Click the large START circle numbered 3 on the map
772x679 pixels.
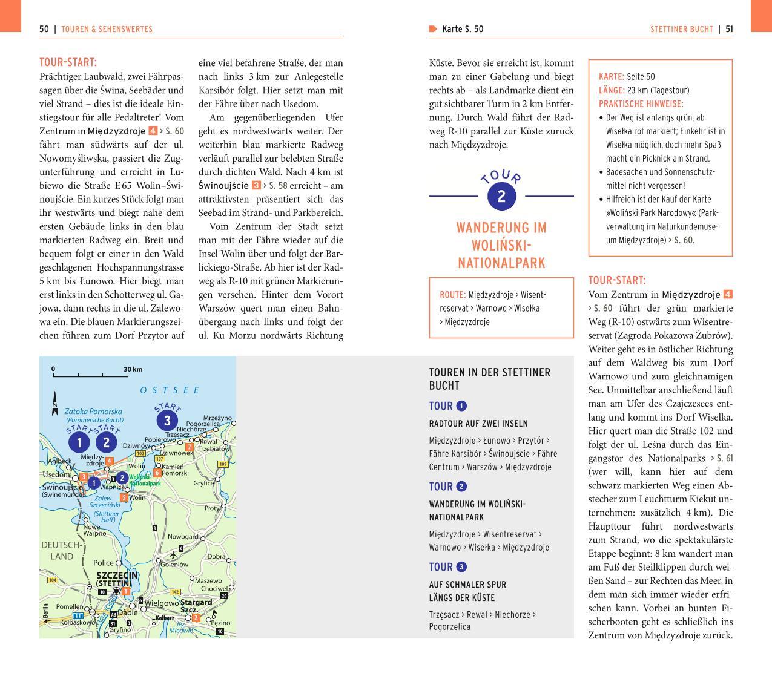point(167,420)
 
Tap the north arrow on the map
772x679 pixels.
point(54,403)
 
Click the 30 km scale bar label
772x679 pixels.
point(133,369)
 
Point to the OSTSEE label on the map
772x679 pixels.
point(170,390)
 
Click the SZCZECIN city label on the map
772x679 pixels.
point(117,575)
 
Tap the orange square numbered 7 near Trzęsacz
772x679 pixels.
point(190,447)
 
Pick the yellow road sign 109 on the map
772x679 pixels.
point(222,464)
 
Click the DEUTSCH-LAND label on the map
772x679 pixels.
point(61,550)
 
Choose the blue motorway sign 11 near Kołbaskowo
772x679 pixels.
point(78,616)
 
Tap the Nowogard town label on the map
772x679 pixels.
point(183,537)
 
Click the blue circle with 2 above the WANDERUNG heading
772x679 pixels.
point(501,196)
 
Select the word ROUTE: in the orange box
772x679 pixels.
point(452,295)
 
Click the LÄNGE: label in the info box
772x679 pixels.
point(612,90)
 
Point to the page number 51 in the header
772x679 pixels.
point(729,29)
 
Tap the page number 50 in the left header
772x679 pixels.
point(44,29)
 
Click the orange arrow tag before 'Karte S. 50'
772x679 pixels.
point(433,29)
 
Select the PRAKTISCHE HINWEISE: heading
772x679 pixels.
point(641,104)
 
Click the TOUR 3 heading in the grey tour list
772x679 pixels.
point(448,567)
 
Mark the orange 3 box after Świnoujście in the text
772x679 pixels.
point(256,186)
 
